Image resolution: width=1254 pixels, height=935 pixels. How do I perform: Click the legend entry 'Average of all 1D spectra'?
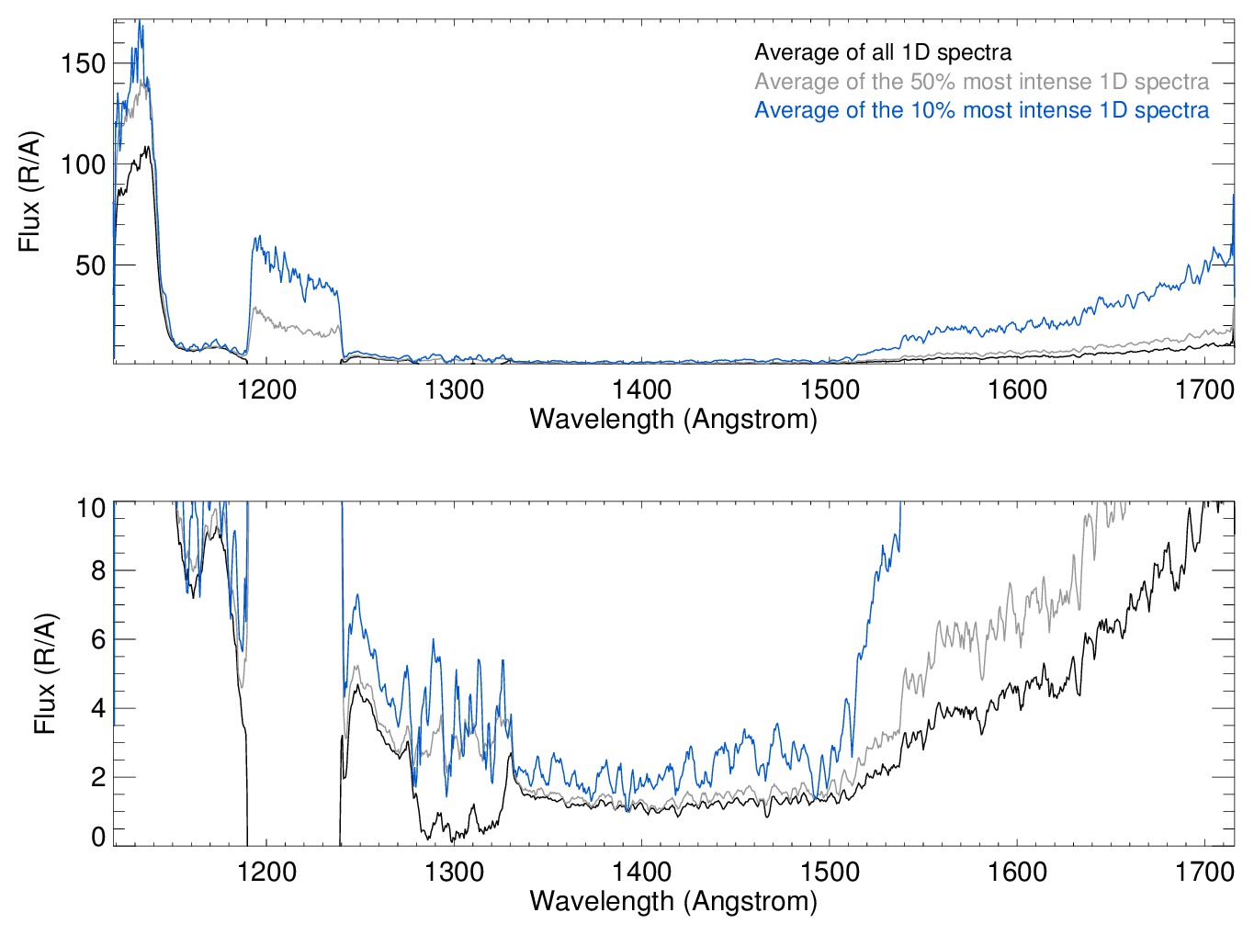click(x=883, y=52)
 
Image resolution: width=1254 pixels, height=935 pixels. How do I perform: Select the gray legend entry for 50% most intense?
click(x=981, y=82)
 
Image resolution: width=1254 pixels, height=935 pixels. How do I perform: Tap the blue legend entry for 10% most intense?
click(x=981, y=110)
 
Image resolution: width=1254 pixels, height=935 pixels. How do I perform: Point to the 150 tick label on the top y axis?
click(x=84, y=63)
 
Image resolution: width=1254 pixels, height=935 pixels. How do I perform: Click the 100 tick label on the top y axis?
click(x=84, y=165)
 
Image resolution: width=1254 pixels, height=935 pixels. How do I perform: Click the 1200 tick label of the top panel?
click(x=266, y=390)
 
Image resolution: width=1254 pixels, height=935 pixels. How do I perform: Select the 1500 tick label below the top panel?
click(x=830, y=390)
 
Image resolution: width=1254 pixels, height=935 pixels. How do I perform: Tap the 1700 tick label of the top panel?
click(x=1204, y=390)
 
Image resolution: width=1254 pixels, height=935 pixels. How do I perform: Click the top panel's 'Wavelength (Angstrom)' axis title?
click(x=673, y=420)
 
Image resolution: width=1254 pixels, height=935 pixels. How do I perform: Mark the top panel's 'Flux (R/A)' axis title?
click(x=29, y=192)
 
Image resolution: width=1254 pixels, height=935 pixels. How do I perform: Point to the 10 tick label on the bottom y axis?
click(x=91, y=508)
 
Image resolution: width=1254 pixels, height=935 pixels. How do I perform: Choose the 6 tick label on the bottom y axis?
click(x=98, y=640)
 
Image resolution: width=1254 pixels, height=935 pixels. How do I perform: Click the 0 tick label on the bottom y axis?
click(x=98, y=836)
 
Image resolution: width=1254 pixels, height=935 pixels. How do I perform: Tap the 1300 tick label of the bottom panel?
click(x=454, y=872)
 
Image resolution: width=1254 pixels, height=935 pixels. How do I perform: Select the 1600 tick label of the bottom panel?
click(x=1017, y=872)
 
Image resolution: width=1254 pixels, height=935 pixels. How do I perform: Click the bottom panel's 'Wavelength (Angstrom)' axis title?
click(x=673, y=901)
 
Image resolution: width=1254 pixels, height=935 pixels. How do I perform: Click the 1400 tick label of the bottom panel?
click(x=641, y=872)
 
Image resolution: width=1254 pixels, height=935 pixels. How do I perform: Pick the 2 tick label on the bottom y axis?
click(x=98, y=777)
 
